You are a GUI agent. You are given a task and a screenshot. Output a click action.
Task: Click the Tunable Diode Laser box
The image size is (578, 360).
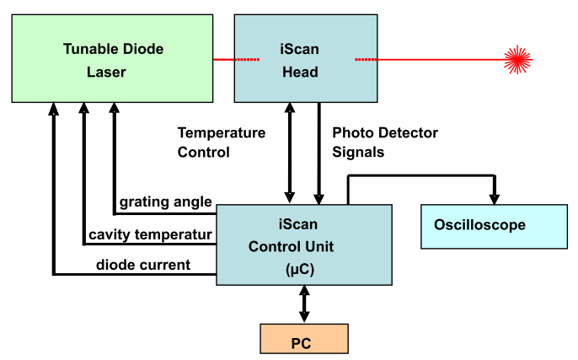tap(111, 59)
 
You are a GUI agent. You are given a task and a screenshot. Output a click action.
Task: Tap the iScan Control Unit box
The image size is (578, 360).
tap(304, 245)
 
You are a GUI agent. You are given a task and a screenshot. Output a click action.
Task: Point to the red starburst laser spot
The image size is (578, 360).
tap(518, 59)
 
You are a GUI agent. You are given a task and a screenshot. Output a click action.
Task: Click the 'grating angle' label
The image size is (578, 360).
tap(165, 201)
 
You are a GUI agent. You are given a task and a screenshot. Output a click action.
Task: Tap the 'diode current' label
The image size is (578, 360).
tap(143, 265)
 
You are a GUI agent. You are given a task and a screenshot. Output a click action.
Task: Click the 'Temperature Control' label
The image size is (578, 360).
tap(221, 142)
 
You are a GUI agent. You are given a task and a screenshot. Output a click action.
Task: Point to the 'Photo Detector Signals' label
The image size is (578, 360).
tap(385, 142)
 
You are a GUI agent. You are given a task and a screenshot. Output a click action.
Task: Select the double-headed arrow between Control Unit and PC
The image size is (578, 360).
tap(303, 304)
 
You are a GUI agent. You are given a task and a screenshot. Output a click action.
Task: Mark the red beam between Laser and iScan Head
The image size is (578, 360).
tap(223, 59)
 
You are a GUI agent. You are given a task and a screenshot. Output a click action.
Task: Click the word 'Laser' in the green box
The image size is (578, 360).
tap(106, 72)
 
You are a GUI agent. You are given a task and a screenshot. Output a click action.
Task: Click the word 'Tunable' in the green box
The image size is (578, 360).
tap(88, 48)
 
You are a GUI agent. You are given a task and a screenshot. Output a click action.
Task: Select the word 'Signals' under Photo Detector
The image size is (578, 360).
tap(358, 153)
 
